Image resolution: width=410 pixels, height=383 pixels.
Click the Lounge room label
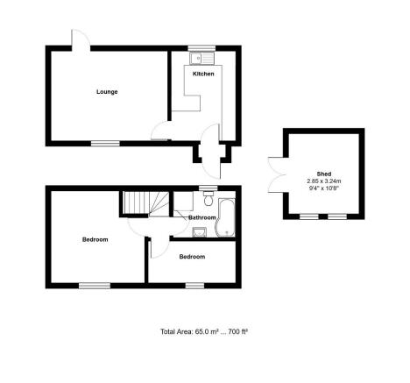tap(107, 92)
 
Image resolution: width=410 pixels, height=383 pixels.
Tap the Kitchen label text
tap(203, 74)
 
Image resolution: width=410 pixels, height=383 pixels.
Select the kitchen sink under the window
tap(201, 59)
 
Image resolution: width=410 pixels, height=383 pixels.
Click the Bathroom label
tap(202, 217)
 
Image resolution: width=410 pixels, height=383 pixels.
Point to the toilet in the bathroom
tap(209, 198)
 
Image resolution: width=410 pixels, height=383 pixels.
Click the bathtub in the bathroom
tap(225, 217)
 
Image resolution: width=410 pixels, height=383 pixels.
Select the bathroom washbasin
tap(200, 232)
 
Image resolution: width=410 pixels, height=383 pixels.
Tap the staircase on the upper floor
tap(145, 203)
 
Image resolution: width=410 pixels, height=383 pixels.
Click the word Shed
tap(324, 174)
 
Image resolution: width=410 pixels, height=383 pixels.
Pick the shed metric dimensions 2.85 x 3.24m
tap(324, 181)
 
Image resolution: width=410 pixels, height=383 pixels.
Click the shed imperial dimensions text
tap(324, 188)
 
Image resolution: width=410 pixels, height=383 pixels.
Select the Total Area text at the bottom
tap(204, 331)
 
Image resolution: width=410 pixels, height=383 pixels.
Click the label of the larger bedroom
tap(95, 239)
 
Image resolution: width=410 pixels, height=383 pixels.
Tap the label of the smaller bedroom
tap(192, 257)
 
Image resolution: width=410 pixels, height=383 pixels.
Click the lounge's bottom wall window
tap(105, 144)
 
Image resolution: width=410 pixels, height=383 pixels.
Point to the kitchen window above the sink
tap(201, 48)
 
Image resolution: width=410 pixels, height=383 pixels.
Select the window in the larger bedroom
tap(95, 286)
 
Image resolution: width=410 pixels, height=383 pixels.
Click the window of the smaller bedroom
tap(194, 286)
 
